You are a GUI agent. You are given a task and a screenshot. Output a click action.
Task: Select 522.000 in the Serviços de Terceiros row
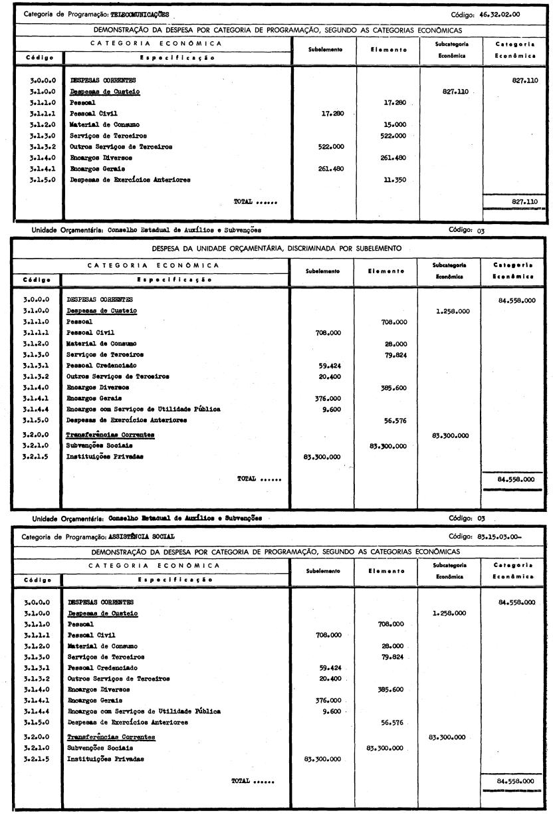(391, 136)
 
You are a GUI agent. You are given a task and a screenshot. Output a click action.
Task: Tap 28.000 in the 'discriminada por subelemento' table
(393, 343)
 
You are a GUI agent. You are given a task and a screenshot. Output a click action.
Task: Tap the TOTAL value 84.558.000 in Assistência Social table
(516, 781)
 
